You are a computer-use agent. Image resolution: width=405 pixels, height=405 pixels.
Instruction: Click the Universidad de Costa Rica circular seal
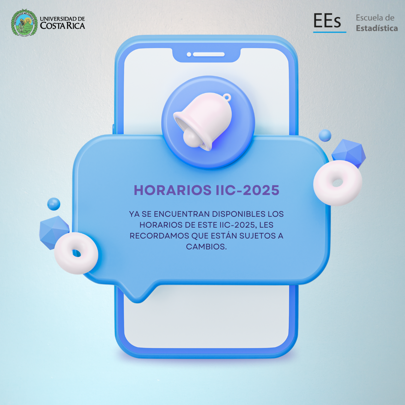click(24, 23)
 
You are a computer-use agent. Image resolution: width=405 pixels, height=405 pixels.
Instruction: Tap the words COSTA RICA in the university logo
click(63, 26)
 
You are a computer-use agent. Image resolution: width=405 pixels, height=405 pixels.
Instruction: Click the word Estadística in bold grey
click(376, 28)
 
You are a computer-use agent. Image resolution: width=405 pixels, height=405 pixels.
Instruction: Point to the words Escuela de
click(375, 18)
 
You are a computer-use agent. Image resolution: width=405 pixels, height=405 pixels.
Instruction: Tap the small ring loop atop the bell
click(227, 97)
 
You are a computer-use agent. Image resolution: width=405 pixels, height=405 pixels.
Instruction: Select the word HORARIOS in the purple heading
click(172, 190)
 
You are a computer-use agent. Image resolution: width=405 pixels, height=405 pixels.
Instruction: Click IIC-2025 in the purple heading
click(247, 190)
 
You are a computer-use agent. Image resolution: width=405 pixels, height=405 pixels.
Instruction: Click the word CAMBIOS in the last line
click(206, 247)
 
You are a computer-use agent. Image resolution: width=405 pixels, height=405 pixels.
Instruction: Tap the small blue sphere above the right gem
click(325, 136)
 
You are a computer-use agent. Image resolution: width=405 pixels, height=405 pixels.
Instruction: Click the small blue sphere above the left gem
click(54, 204)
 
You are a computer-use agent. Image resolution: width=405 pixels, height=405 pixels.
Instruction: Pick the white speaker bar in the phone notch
click(209, 54)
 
